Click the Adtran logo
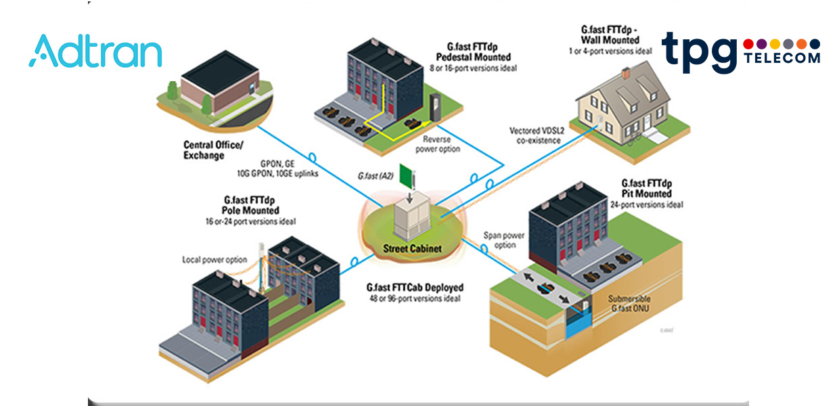[x=95, y=52]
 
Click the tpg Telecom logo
[x=740, y=51]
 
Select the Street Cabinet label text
[x=411, y=248]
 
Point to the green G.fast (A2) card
[x=406, y=177]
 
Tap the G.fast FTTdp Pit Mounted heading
[x=647, y=189]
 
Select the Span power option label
[x=504, y=241]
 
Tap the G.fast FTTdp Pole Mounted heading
[x=251, y=206]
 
